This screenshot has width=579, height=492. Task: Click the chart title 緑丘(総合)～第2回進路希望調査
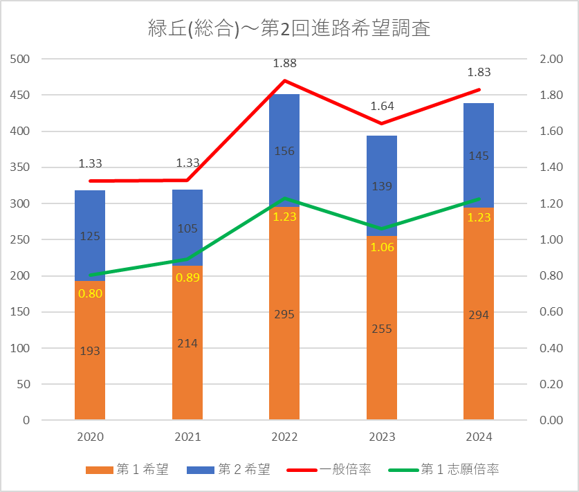(x=289, y=28)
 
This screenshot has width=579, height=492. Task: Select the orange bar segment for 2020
(x=90, y=350)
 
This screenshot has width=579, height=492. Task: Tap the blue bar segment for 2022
(x=284, y=150)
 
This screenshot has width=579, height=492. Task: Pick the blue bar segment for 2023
(x=382, y=185)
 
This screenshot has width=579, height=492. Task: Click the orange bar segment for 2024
(x=479, y=313)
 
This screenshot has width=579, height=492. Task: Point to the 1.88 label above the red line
(x=285, y=63)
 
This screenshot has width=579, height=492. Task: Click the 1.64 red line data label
(x=382, y=107)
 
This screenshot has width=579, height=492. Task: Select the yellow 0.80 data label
(x=90, y=293)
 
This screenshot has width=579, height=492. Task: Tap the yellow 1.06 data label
(x=382, y=247)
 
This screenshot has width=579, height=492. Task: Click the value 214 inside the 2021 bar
(x=187, y=343)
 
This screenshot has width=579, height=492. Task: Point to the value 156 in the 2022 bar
(x=284, y=151)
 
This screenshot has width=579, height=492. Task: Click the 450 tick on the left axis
(x=20, y=95)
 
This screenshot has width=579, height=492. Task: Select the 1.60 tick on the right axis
(x=551, y=131)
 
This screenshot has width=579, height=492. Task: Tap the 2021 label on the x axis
(x=187, y=437)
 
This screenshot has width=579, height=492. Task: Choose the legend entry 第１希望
(x=127, y=469)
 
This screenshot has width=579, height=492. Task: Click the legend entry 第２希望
(x=228, y=469)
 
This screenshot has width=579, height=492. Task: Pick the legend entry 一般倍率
(x=329, y=469)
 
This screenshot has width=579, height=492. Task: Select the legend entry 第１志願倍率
(x=443, y=469)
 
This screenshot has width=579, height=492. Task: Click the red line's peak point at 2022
(x=284, y=80)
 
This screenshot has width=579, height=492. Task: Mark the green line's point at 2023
(x=382, y=228)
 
